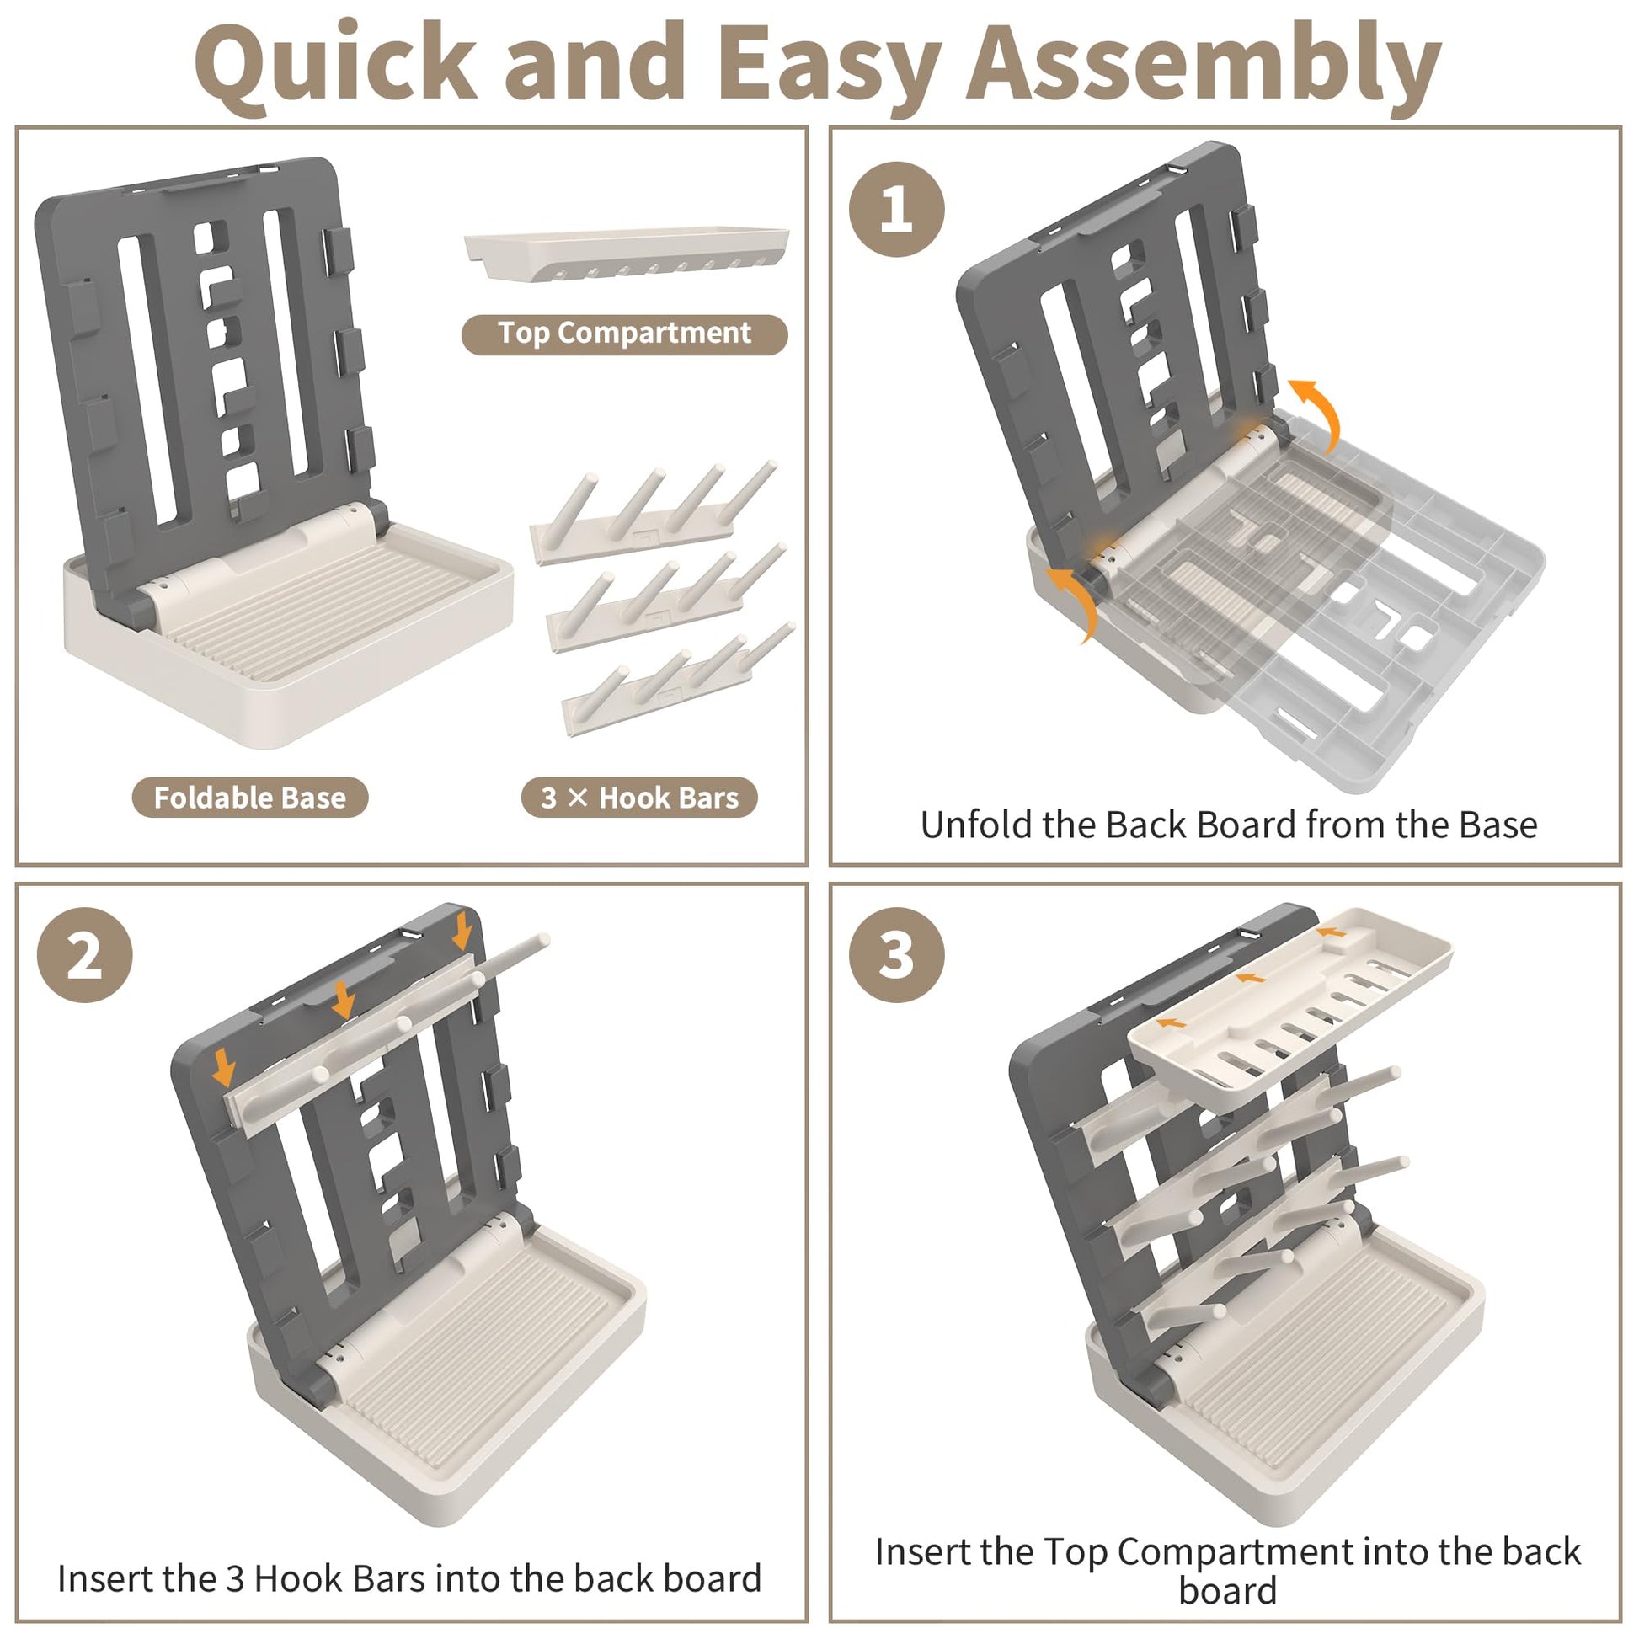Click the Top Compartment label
coord(624,334)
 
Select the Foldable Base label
coord(249,798)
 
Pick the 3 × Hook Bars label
coord(638,798)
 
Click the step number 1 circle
coord(896,210)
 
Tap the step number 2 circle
coord(85,955)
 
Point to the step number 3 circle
coord(896,955)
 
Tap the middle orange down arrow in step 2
coord(344,999)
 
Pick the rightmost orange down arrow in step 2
coord(462,931)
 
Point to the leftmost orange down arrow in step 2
coord(224,1066)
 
